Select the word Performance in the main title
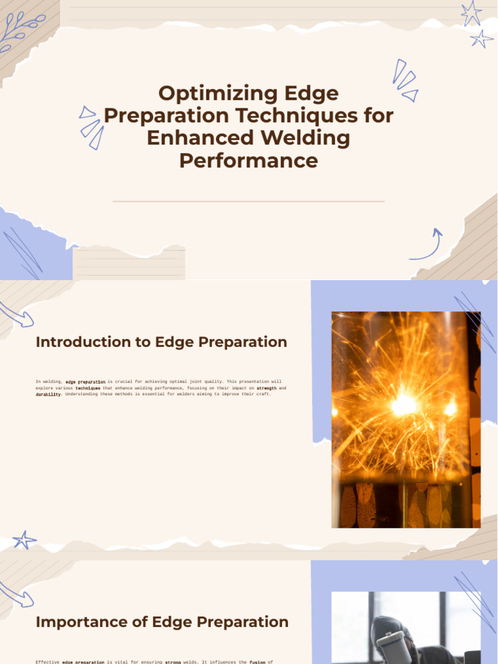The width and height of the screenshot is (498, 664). (248, 160)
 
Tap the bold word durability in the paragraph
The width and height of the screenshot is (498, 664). (48, 394)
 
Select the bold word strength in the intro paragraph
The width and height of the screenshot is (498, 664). (267, 388)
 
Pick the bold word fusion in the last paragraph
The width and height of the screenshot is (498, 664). (257, 662)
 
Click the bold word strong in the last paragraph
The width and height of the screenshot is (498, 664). (172, 662)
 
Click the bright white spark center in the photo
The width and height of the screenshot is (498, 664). (403, 405)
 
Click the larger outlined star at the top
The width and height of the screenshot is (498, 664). (471, 13)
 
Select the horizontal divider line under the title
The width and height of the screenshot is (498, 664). (248, 201)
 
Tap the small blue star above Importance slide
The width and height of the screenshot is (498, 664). (25, 539)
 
